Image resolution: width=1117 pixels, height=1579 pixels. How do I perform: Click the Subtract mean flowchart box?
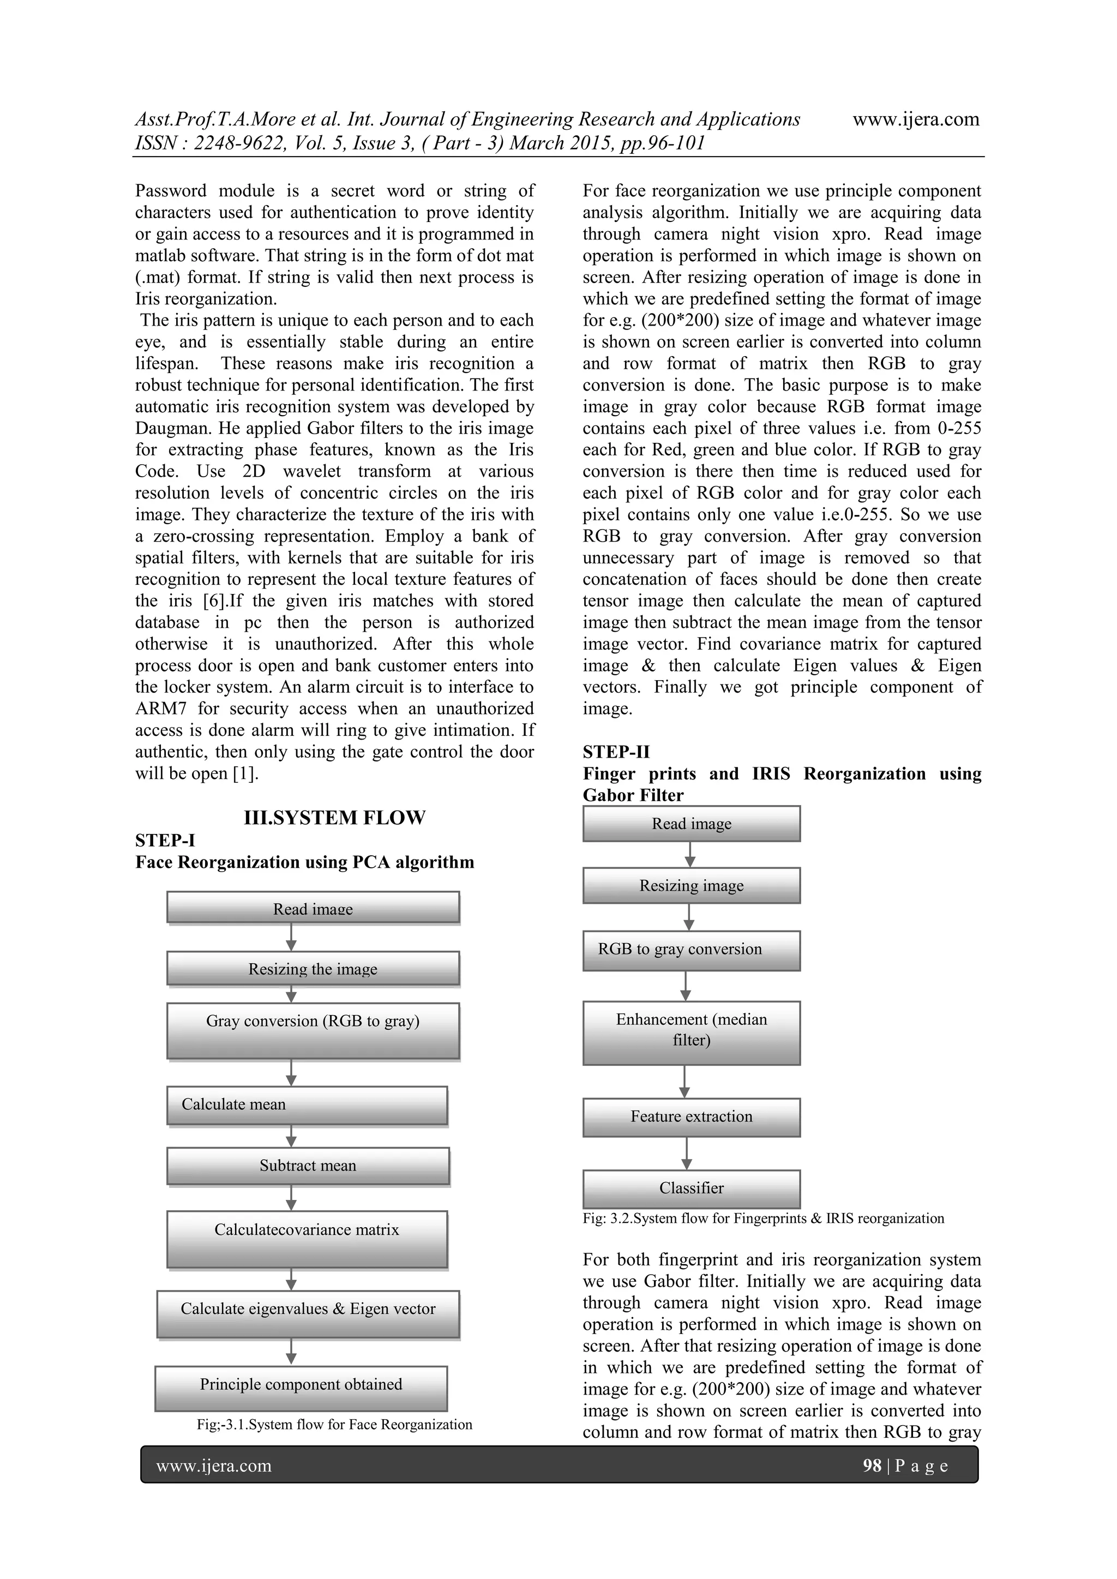coord(308,1166)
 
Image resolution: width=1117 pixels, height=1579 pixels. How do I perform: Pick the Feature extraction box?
coord(691,1117)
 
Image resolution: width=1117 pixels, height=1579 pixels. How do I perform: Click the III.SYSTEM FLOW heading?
coord(334,818)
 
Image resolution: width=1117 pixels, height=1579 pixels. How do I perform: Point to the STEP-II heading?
coord(616,752)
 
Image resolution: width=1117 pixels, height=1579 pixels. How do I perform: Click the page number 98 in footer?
coord(872,1466)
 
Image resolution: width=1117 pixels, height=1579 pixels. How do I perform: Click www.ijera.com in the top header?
coord(916,119)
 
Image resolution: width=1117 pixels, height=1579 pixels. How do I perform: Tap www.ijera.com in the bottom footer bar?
coord(214,1466)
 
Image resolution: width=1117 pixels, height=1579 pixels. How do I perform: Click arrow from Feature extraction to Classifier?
coord(687,1154)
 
